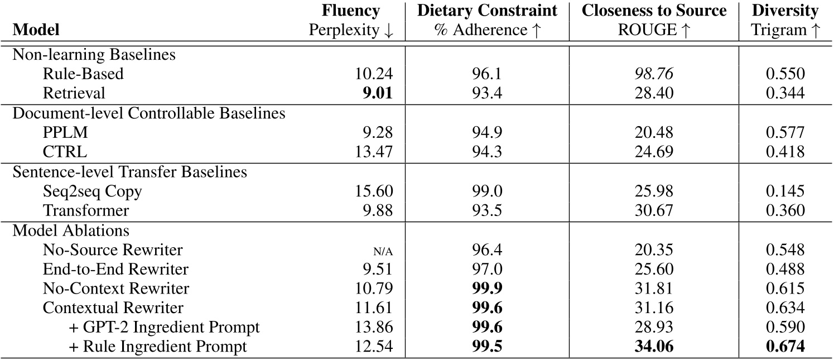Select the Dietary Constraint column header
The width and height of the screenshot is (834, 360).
pyautogui.click(x=487, y=11)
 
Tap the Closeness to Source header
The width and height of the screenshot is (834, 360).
pyautogui.click(x=654, y=11)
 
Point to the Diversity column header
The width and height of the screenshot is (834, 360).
pyautogui.click(x=785, y=11)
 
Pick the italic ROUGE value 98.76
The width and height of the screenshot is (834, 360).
pyautogui.click(x=654, y=74)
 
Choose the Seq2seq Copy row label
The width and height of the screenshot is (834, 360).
pyautogui.click(x=92, y=191)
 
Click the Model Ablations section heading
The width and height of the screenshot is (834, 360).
pyautogui.click(x=71, y=231)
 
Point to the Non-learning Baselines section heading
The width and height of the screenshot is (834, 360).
pyautogui.click(x=93, y=54)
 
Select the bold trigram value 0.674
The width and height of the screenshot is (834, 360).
pyautogui.click(x=785, y=347)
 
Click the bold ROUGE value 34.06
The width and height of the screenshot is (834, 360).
pyautogui.click(x=654, y=347)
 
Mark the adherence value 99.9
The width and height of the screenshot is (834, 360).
pyautogui.click(x=487, y=289)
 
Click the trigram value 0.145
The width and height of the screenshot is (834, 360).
pyautogui.click(x=785, y=191)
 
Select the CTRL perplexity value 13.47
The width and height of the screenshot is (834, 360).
pyautogui.click(x=374, y=152)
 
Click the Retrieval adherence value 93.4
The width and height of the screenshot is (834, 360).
pyautogui.click(x=487, y=93)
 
